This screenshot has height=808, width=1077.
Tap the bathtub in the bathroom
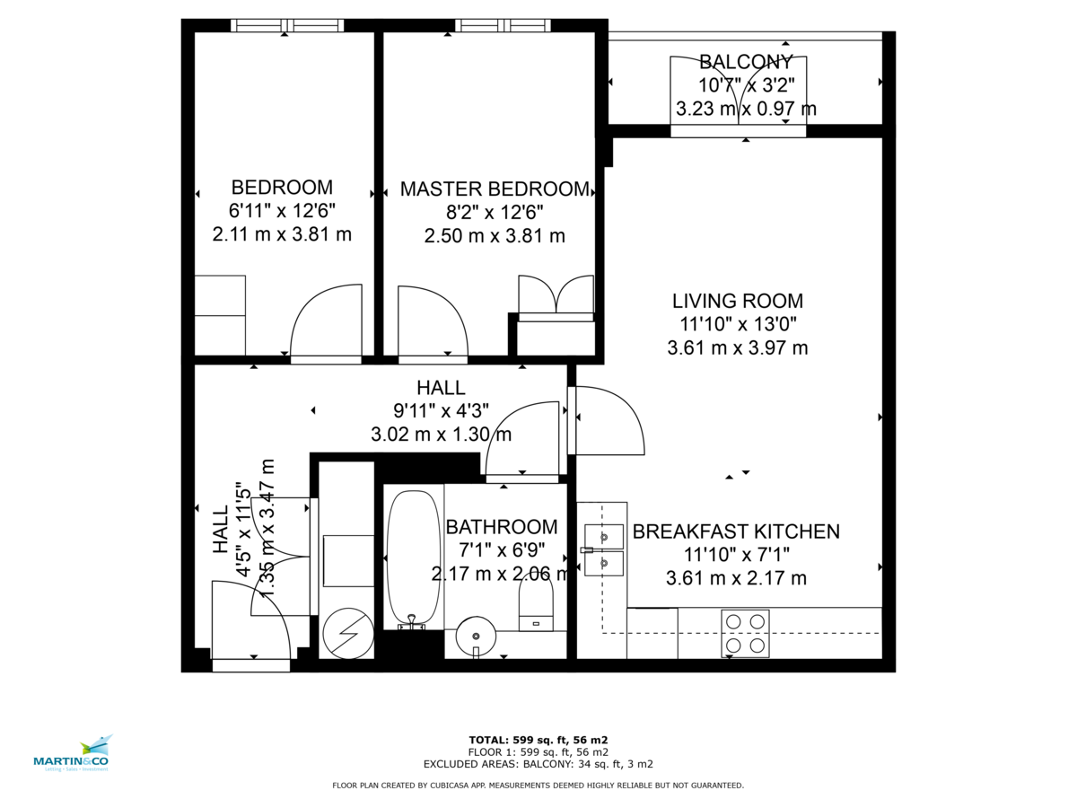(x=413, y=556)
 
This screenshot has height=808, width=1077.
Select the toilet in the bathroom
(x=537, y=604)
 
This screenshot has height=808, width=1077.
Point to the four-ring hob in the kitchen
(x=745, y=633)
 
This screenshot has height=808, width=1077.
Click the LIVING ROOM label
(x=737, y=302)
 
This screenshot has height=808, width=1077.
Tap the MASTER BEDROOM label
(x=495, y=189)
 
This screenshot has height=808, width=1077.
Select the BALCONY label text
(x=746, y=62)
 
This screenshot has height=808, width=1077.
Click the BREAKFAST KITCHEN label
(x=736, y=531)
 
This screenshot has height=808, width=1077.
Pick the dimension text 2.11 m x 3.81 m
(x=282, y=235)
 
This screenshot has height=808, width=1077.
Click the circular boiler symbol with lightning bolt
(x=347, y=634)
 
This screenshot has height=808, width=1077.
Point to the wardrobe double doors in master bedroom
(x=556, y=296)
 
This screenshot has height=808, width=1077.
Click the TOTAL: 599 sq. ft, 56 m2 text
(x=538, y=740)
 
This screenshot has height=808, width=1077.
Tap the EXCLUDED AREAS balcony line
(x=538, y=764)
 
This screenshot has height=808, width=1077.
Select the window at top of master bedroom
(x=502, y=25)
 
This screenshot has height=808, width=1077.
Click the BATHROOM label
(x=501, y=527)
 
